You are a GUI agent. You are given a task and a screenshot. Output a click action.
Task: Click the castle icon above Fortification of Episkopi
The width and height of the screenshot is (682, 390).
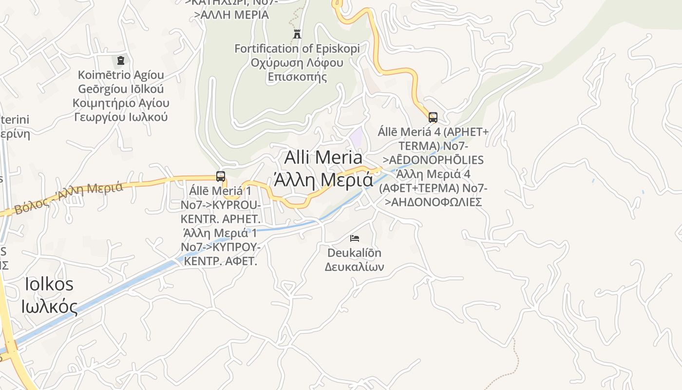pos(297,34)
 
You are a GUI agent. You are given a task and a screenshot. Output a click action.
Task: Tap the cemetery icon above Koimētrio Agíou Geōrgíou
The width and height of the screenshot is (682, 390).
pos(120,60)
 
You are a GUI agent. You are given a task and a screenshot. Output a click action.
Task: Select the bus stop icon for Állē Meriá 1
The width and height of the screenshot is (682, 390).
pos(221,176)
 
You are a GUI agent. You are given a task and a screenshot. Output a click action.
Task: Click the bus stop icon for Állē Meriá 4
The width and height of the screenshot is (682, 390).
pos(433,117)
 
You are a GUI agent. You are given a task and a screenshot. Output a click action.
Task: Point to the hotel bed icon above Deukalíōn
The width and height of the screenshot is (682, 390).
pos(355,238)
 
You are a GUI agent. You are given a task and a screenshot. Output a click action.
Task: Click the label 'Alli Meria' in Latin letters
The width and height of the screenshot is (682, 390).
pos(323,157)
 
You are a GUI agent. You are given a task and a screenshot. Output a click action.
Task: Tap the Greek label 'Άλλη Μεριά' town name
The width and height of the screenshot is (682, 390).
pos(323,180)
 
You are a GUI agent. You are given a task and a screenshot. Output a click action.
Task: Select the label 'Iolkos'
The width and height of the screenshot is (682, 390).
pos(49,284)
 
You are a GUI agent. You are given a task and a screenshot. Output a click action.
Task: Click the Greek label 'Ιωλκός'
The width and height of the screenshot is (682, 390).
pos(49,306)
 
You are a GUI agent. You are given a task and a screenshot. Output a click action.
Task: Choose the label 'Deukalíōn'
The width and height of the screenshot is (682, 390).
pos(354,253)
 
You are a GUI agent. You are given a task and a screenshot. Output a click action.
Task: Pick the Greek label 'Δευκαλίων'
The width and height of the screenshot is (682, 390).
pos(354,267)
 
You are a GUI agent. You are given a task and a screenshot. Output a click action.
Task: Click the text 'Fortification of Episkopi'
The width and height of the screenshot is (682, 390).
pos(297,49)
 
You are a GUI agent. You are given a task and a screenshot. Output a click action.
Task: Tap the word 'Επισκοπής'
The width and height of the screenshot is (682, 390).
pos(297,77)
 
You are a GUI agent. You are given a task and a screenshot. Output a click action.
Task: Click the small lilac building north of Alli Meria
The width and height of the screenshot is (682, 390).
pos(357,136)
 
